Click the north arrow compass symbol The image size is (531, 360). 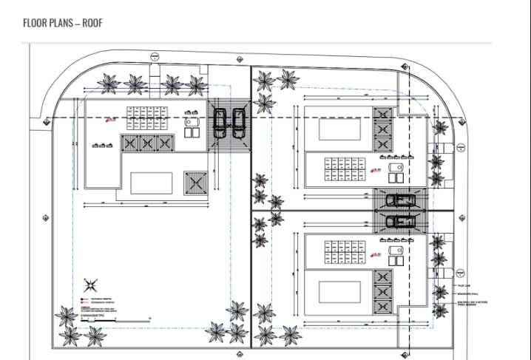click(91, 283)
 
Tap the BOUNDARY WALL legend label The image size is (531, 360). click(470, 293)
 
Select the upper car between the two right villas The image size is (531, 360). click(400, 200)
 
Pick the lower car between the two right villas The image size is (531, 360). click(400, 221)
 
